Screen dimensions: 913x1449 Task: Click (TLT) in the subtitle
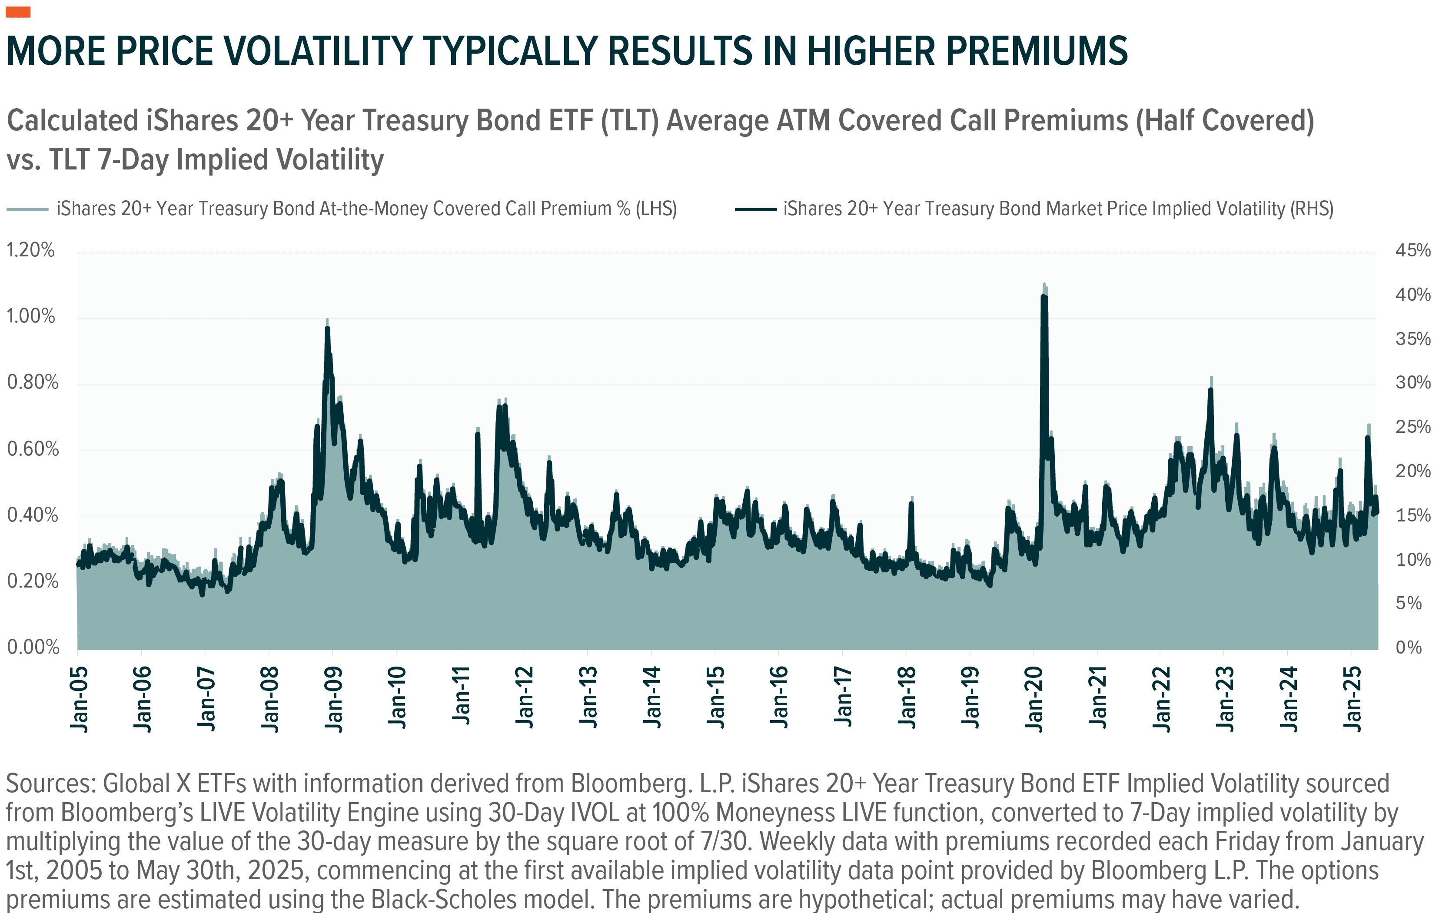pos(629,120)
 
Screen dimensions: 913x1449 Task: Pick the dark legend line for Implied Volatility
pos(755,209)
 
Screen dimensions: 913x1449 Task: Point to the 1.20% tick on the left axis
pos(30,250)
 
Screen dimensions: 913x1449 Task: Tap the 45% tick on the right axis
pos(1412,250)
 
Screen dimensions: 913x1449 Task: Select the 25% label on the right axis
pos(1412,427)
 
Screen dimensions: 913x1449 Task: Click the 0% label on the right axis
pos(1408,647)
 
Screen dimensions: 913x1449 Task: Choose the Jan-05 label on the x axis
pos(79,699)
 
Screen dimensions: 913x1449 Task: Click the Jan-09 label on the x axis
pos(333,699)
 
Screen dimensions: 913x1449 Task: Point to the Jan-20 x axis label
pos(1034,699)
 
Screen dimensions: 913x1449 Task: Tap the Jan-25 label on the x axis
pos(1352,699)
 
